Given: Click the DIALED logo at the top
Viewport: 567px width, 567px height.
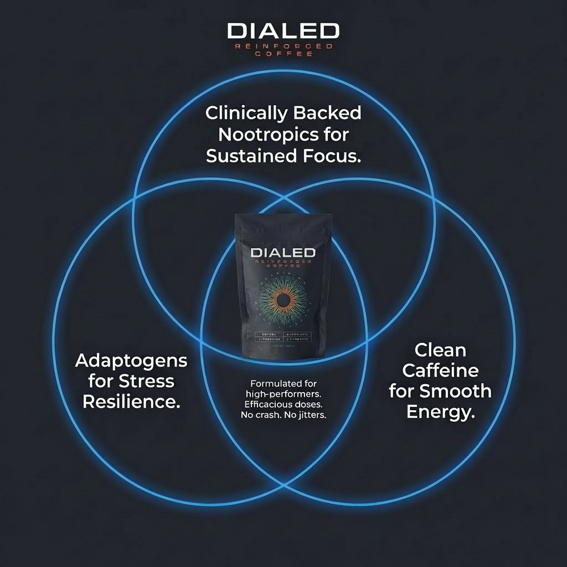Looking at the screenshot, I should (x=283, y=31).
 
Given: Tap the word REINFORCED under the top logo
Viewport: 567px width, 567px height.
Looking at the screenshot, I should (x=283, y=47).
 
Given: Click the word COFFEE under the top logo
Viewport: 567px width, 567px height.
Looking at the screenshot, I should (x=283, y=54).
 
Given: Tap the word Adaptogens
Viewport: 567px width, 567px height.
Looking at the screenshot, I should (x=131, y=361).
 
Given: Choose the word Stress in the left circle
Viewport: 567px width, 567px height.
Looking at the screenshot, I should (x=146, y=381).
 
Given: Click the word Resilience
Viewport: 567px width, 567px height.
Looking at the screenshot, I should (x=131, y=401).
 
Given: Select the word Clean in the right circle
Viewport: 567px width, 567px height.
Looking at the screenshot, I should (x=440, y=350).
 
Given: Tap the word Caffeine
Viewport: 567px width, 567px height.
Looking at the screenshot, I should (x=440, y=370).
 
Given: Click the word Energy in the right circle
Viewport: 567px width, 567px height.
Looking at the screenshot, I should (x=440, y=411).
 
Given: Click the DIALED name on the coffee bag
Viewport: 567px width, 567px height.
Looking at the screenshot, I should (x=283, y=252).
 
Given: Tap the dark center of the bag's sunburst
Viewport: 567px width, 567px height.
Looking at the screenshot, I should (x=283, y=301).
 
